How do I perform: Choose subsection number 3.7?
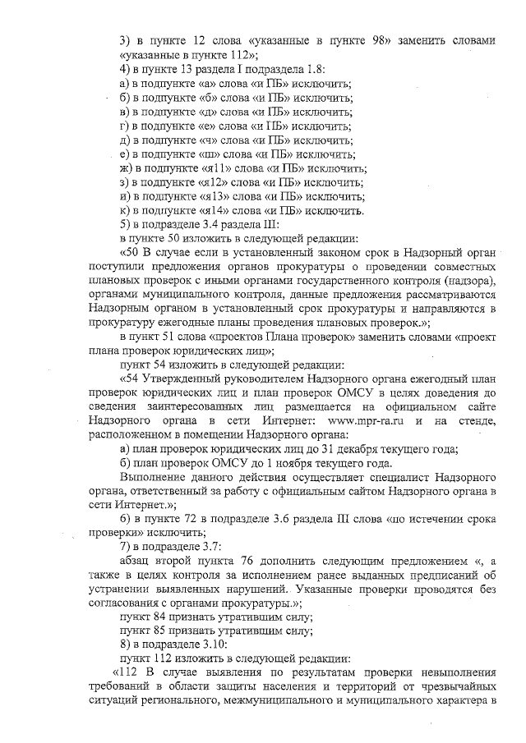pos(210,547)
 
